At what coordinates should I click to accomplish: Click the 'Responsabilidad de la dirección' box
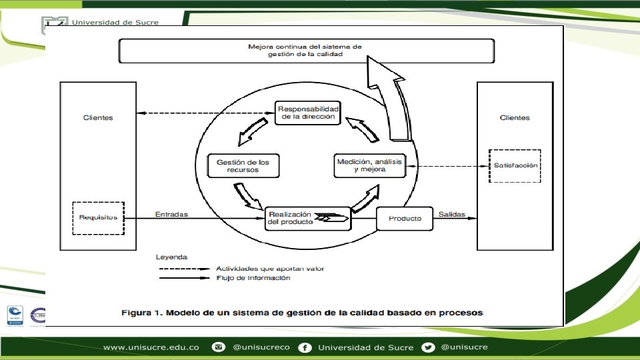(x=308, y=113)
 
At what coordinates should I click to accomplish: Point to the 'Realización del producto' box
(x=308, y=218)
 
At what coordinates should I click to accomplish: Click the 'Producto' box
(x=405, y=219)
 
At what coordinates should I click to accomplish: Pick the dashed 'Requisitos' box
(x=98, y=217)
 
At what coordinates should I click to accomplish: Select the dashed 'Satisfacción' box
(x=515, y=165)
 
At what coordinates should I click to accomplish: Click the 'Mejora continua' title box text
(x=306, y=51)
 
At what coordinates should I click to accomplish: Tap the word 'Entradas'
(x=171, y=215)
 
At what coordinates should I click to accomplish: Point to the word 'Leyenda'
(x=171, y=257)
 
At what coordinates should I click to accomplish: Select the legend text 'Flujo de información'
(x=253, y=278)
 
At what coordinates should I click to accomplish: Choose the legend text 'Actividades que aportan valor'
(x=270, y=268)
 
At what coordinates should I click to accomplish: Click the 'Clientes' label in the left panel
(x=98, y=118)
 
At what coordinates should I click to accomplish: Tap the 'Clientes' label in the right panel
(x=515, y=118)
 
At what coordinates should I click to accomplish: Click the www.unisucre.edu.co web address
(x=151, y=347)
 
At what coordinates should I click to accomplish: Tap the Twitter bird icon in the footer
(x=428, y=347)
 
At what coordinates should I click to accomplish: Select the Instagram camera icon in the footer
(x=218, y=347)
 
